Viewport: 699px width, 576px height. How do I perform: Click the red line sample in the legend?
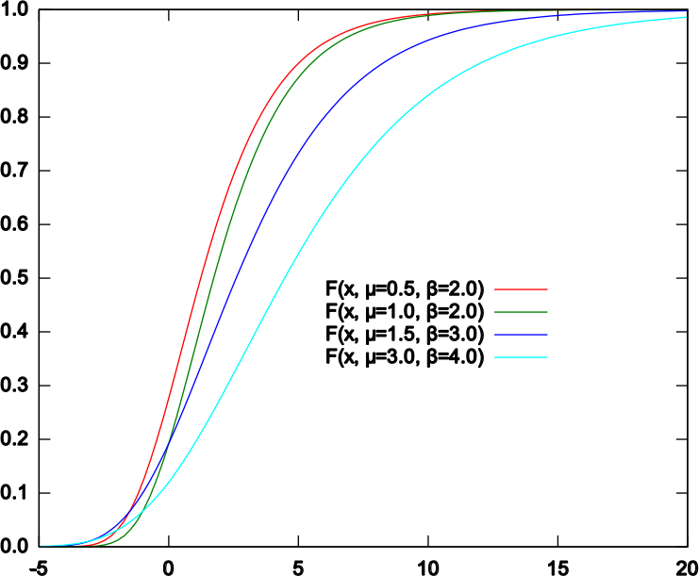tap(521, 289)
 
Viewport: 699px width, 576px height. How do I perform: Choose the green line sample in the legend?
tap(521, 312)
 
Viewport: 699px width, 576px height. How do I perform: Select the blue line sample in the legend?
tap(521, 335)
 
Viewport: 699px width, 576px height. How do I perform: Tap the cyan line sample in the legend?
tap(521, 357)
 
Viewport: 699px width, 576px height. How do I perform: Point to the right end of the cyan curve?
tap(686, 18)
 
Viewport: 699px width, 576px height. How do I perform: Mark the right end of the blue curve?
tap(686, 12)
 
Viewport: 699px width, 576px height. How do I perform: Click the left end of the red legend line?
tap(495, 289)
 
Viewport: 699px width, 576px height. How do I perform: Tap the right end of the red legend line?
tap(547, 289)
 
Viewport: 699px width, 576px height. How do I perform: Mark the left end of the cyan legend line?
tap(495, 357)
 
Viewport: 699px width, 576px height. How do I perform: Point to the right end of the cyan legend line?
tap(547, 357)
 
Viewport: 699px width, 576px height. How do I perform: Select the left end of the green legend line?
tap(495, 312)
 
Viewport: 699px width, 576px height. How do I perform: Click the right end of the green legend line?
tap(547, 312)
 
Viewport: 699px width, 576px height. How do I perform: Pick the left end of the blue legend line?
tap(495, 335)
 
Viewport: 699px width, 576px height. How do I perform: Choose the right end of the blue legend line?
tap(547, 335)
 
